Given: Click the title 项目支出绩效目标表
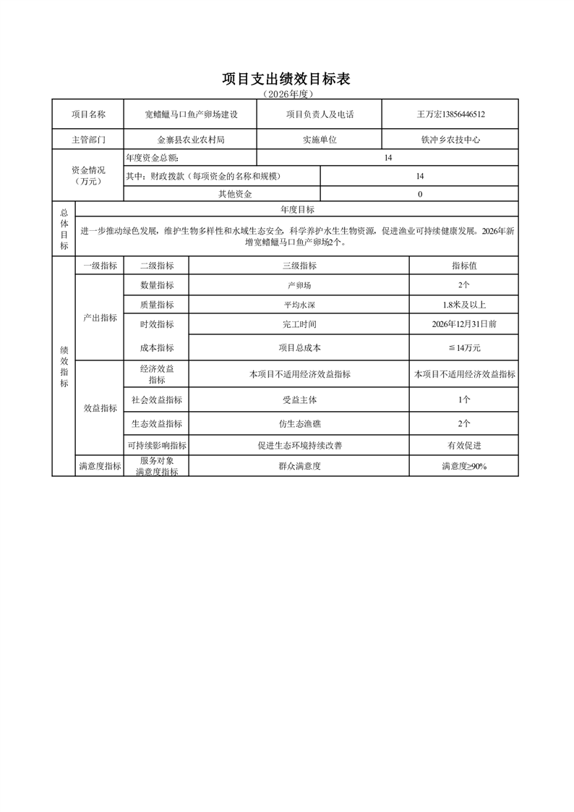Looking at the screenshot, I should coord(286,79).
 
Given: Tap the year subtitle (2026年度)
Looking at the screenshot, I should coord(286,94).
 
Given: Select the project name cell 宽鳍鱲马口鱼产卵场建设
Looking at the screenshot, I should coord(191,114).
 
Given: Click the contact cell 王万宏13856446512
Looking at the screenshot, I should coord(450,114).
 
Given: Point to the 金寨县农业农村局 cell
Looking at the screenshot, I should coord(191,140).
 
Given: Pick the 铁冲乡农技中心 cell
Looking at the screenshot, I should coord(450,140).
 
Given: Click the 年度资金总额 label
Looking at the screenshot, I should coord(157,158).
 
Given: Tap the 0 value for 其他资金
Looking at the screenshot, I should coord(419,194).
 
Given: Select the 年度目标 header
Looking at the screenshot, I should coord(297,209).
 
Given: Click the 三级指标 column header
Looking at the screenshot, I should coord(299,266).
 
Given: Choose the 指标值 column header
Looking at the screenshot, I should coord(463,266).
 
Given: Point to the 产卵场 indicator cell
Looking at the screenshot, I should coord(299,285).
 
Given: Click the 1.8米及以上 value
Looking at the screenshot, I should coord(463,305).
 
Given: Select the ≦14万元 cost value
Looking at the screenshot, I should coord(463,348).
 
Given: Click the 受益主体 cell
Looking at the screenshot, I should coord(299,399).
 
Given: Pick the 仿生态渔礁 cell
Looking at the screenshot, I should coord(299,423).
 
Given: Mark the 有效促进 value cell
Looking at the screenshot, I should coord(463,446).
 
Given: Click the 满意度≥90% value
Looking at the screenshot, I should coord(463,466).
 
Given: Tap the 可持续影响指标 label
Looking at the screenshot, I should coord(157,446).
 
